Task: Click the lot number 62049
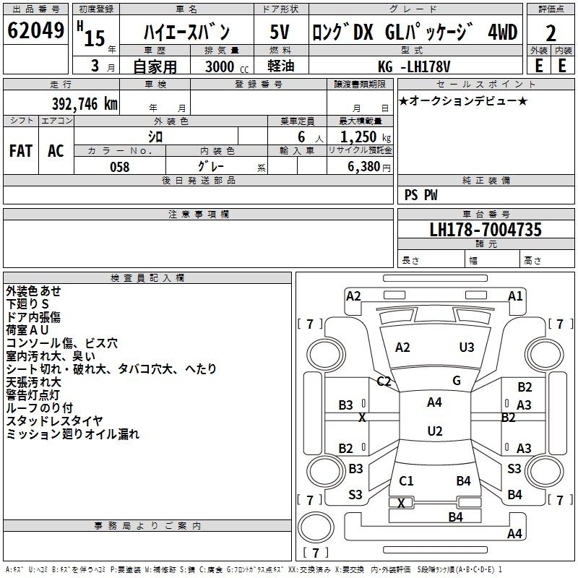point(35,30)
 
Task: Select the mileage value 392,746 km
point(85,104)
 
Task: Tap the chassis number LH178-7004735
point(486,230)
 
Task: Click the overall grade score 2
point(551,33)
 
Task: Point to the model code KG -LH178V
point(414,66)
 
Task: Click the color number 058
point(120,167)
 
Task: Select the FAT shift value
point(21,151)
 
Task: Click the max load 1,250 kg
point(366,137)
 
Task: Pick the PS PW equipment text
point(420,194)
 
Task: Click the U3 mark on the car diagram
point(467,348)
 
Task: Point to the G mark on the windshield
point(457,381)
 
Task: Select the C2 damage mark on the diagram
point(384,381)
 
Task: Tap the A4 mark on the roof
point(434,402)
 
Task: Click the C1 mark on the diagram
point(406,480)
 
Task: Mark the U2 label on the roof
point(435,431)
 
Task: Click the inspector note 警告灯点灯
point(33,394)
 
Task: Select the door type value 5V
point(280,32)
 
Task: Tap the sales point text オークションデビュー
point(463,100)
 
